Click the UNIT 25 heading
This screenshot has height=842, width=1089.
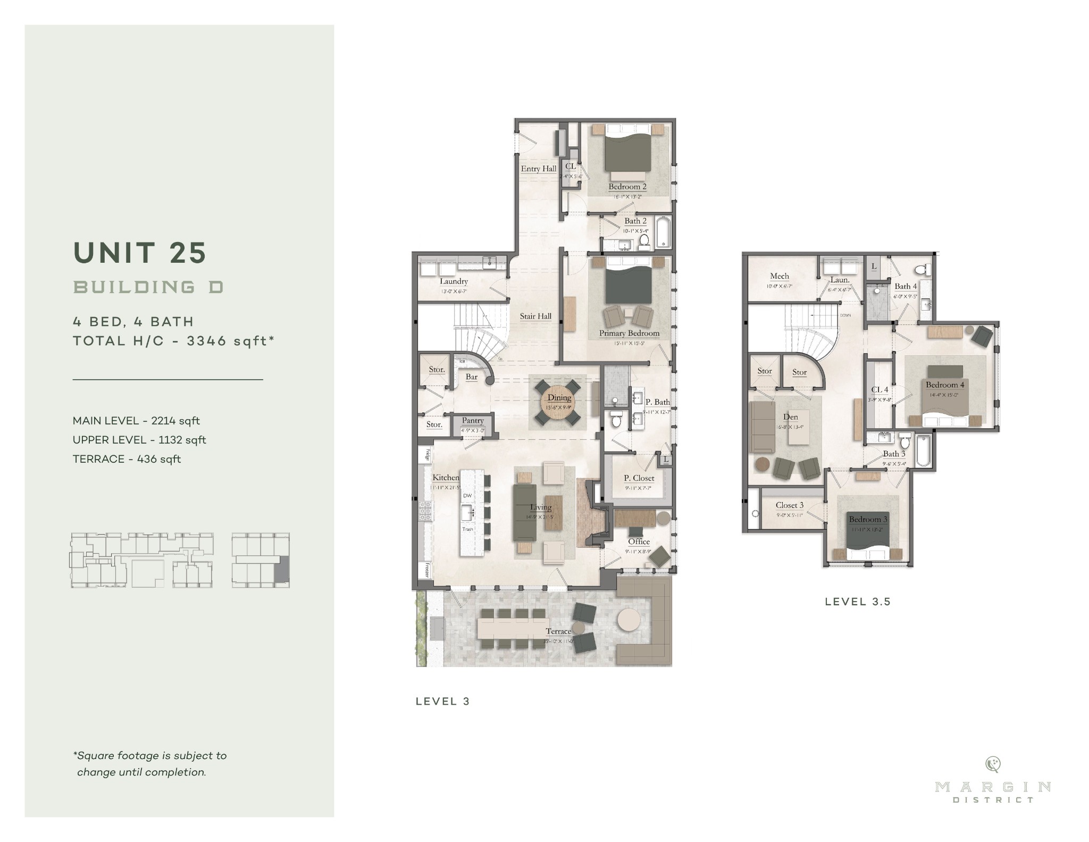140,253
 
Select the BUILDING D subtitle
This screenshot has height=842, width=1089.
148,287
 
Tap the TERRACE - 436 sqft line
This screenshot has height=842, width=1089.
127,459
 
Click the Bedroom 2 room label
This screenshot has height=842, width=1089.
627,187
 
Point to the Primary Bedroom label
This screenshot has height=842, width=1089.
629,334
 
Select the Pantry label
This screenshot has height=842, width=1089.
472,421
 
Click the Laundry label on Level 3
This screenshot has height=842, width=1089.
454,281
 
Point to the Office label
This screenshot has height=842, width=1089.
639,541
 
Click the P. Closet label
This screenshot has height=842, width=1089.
639,478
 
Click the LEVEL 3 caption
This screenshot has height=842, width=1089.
443,701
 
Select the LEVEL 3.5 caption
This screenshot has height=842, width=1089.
857,602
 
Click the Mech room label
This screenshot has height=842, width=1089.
779,276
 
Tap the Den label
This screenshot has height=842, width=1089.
790,417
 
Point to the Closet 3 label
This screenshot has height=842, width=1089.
789,505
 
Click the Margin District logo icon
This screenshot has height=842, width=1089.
992,764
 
